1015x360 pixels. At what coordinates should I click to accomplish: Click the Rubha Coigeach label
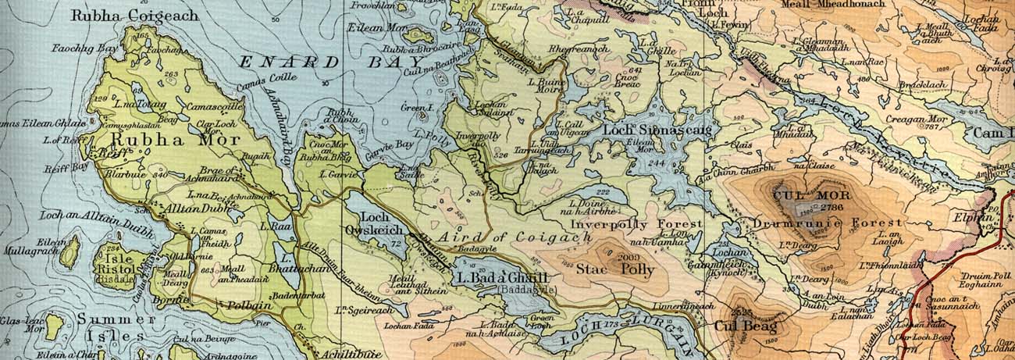134,15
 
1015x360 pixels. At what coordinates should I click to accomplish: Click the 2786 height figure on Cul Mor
829,207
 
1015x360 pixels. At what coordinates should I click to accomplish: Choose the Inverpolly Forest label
636,224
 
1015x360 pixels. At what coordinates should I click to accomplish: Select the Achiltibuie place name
346,354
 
